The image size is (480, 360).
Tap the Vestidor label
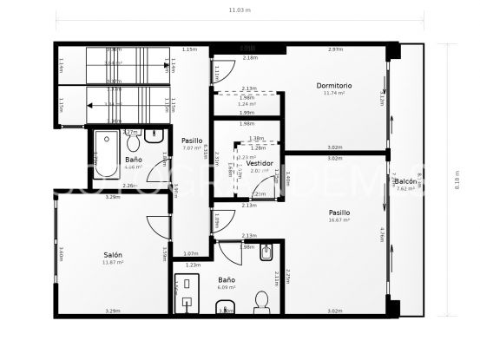(x=260, y=163)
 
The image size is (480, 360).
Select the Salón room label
(x=113, y=254)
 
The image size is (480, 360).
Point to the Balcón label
(x=404, y=180)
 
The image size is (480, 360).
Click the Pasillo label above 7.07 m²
(x=192, y=141)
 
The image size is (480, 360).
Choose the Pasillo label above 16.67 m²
(x=339, y=212)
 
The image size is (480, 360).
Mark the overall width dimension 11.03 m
(x=240, y=10)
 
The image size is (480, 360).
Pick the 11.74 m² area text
(x=334, y=94)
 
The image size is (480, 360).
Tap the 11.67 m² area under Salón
(x=113, y=262)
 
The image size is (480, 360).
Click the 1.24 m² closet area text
(x=247, y=104)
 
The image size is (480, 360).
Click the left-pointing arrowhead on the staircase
(x=92, y=104)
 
